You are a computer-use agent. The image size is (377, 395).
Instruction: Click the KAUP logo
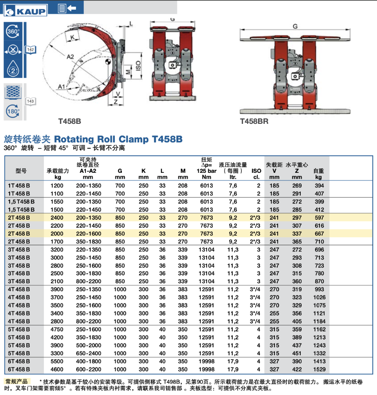pos(25,10)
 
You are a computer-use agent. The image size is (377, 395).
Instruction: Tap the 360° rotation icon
pos(13,31)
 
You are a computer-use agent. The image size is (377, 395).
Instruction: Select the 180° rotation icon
pos(13,111)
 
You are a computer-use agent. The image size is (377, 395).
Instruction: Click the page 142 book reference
pos(31,50)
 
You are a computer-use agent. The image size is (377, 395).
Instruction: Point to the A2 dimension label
pos(70,56)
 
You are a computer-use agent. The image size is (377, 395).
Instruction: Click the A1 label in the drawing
pos(61,87)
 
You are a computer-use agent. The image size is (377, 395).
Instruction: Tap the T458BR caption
pos(254,121)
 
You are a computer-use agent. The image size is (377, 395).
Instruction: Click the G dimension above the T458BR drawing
pos(295,26)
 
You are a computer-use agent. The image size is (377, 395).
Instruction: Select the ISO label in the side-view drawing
pos(138,66)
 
